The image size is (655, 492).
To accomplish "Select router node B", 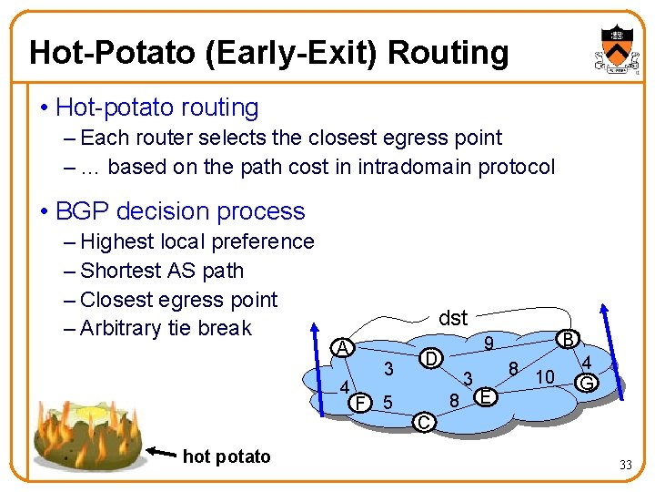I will click(x=569, y=339).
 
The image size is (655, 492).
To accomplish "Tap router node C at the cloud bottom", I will click(x=423, y=421).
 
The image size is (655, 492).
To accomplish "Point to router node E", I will click(x=487, y=396).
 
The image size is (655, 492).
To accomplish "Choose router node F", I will click(x=362, y=402).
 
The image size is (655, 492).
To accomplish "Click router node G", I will click(x=587, y=384).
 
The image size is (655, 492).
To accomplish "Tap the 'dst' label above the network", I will click(x=452, y=318).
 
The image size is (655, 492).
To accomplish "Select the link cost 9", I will click(x=489, y=343).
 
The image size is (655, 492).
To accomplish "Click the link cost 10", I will click(x=546, y=376).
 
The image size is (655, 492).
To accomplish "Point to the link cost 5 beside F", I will click(x=388, y=402).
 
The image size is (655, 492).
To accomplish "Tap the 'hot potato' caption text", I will click(x=227, y=456).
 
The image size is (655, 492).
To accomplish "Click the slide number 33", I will click(x=625, y=466).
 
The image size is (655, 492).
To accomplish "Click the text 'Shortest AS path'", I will click(x=162, y=271).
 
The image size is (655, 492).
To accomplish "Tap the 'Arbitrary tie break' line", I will click(x=166, y=328).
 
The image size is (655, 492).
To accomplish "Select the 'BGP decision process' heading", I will click(x=180, y=211).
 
